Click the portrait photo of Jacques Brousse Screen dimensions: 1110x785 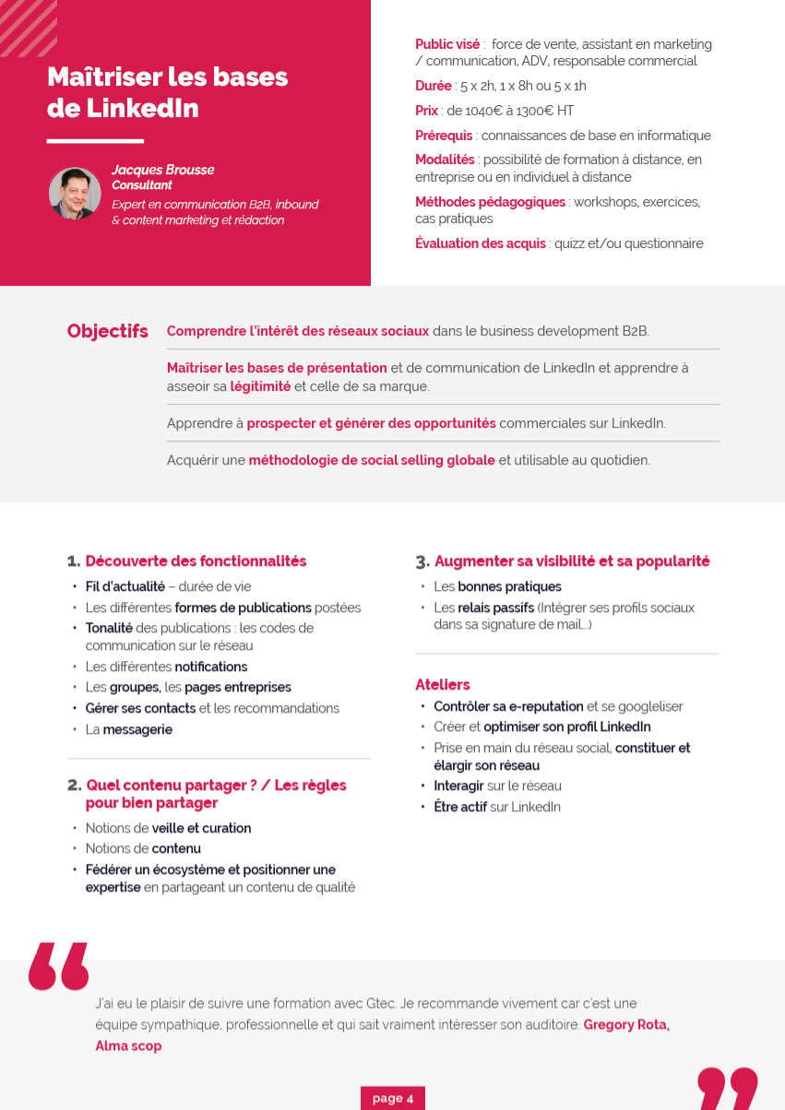pyautogui.click(x=75, y=193)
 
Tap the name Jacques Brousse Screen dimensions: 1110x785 pyautogui.click(x=162, y=170)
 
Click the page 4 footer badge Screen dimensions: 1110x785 pyautogui.click(x=392, y=1098)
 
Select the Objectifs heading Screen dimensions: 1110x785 pyautogui.click(x=107, y=331)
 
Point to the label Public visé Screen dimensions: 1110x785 pyautogui.click(x=447, y=44)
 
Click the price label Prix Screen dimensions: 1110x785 pyautogui.click(x=426, y=111)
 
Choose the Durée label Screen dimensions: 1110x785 pyautogui.click(x=433, y=86)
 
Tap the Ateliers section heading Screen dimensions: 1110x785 pyautogui.click(x=443, y=684)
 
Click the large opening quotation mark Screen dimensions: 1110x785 pyautogui.click(x=59, y=965)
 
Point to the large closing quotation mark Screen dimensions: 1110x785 pyautogui.click(x=727, y=1088)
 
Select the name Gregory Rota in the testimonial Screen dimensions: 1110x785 pyautogui.click(x=626, y=1024)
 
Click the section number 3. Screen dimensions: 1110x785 pyautogui.click(x=422, y=561)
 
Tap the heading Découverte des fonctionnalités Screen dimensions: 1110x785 pyautogui.click(x=196, y=561)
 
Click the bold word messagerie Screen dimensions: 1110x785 pyautogui.click(x=137, y=729)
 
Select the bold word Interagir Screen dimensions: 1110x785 pyautogui.click(x=458, y=785)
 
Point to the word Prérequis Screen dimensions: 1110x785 pyautogui.click(x=444, y=136)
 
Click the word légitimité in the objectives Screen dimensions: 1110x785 pyautogui.click(x=260, y=386)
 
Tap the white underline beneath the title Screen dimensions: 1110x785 pyautogui.click(x=95, y=141)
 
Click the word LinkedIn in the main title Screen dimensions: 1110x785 pyautogui.click(x=142, y=108)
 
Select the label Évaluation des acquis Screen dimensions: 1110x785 pyautogui.click(x=480, y=243)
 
